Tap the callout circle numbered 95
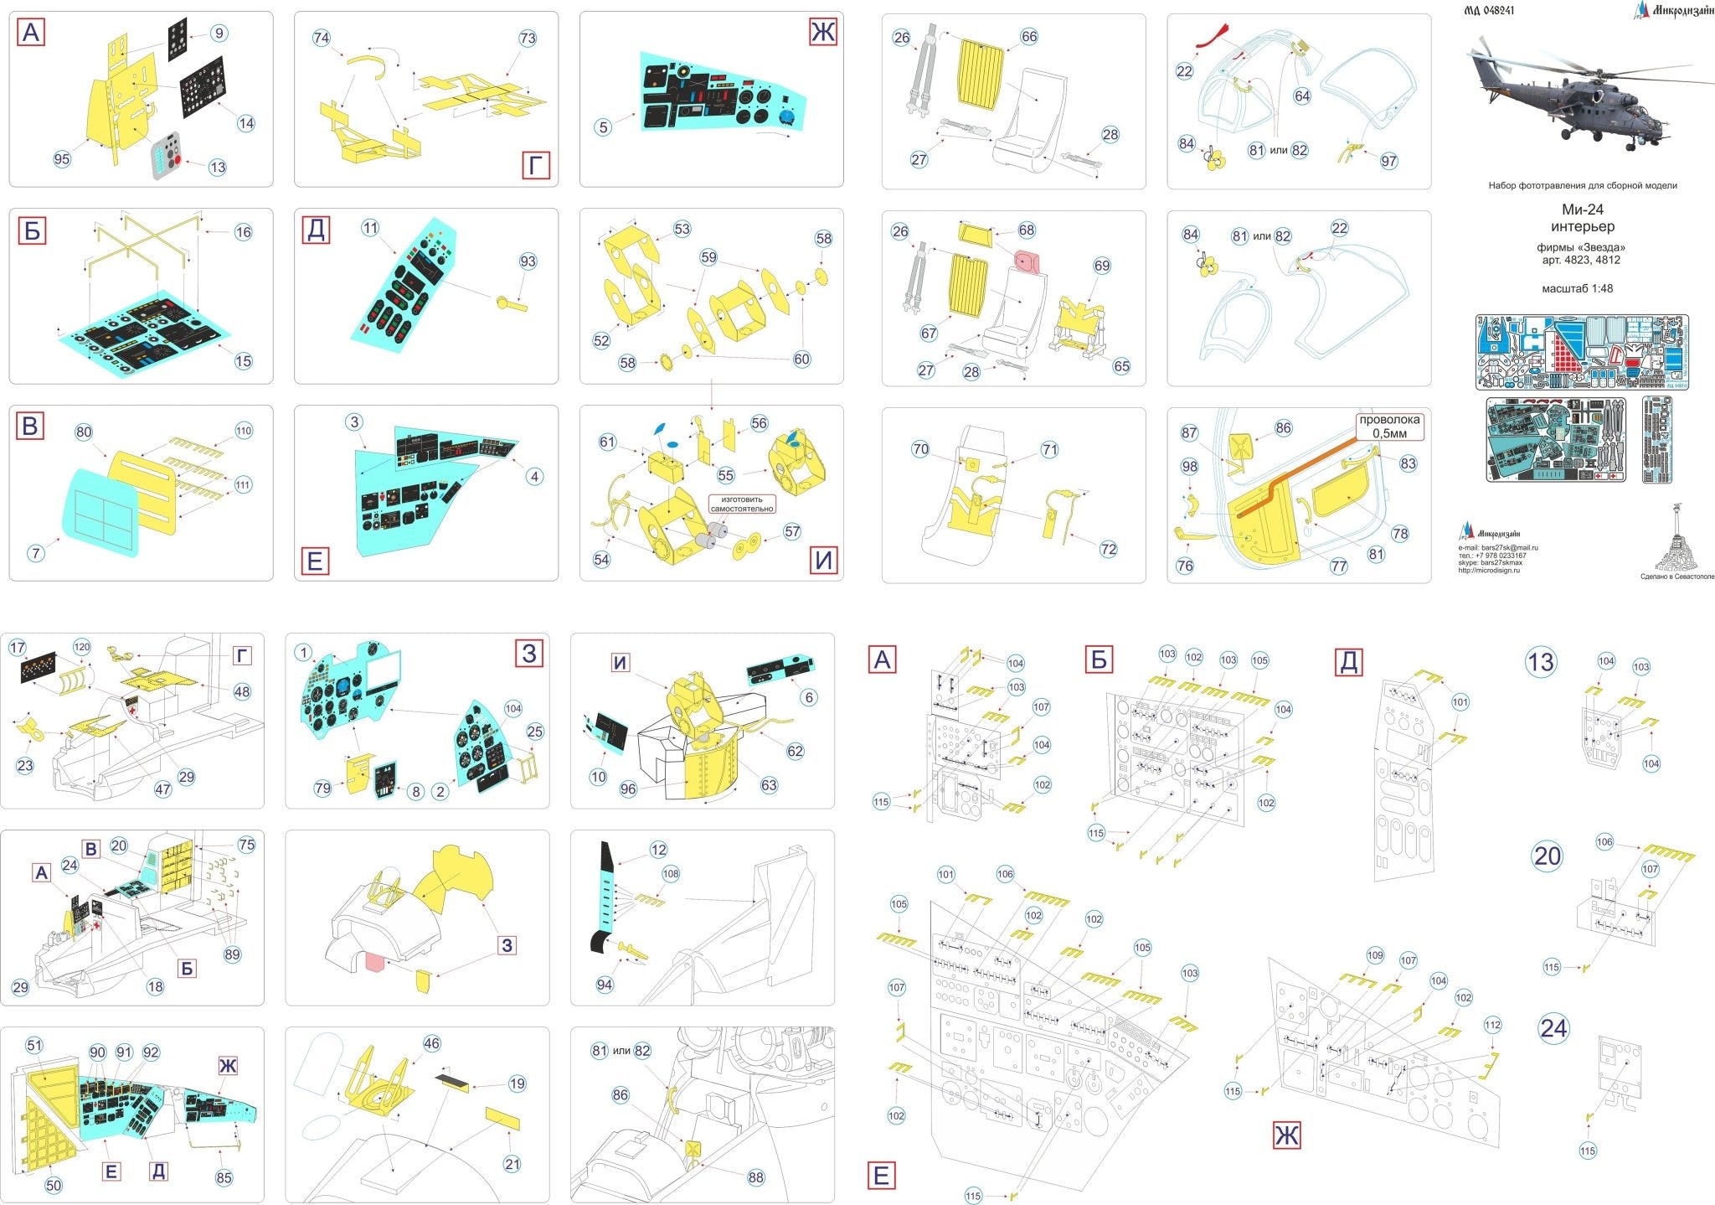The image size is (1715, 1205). pos(62,159)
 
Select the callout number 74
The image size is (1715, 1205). pos(322,38)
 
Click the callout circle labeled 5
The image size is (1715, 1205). pos(603,127)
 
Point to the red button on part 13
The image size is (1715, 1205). pos(178,159)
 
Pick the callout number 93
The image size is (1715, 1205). pos(527,261)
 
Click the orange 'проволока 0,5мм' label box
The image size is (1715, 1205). pos(1389,427)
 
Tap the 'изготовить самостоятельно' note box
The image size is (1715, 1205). pos(742,504)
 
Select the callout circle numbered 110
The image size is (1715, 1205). pos(243,431)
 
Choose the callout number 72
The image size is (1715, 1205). pos(1108,549)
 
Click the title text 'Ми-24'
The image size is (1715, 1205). pos(1582,209)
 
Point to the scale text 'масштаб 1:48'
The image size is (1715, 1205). pos(1577,288)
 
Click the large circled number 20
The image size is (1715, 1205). pos(1547,856)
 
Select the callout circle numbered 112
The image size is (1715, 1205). pos(1492,1025)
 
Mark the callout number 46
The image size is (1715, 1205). pos(431,1044)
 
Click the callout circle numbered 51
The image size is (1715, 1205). pos(33,1045)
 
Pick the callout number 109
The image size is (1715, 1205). pos(1375,955)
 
